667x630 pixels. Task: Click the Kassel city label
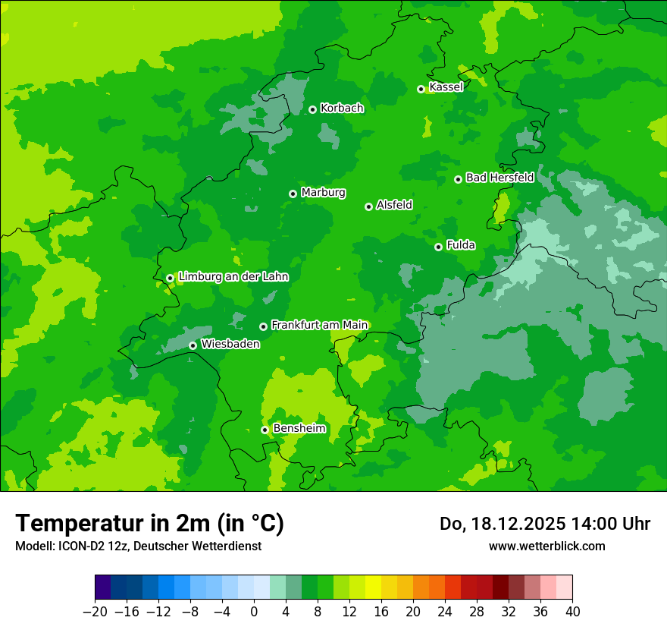[x=446, y=87]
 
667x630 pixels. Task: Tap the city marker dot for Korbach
[x=312, y=109]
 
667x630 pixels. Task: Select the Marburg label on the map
[x=323, y=193]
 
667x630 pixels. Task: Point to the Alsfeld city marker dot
[x=368, y=206]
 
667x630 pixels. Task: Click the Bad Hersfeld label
[x=499, y=178]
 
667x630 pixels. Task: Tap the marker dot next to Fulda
[x=438, y=247]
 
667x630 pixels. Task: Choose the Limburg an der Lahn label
[x=233, y=277]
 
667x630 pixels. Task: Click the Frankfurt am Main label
[x=319, y=325]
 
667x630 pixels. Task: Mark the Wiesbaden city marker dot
[x=193, y=345]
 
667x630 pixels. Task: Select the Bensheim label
[x=299, y=429]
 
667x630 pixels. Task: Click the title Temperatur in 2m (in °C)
[x=149, y=524]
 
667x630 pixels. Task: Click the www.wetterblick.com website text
[x=546, y=546]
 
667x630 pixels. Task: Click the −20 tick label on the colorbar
[x=95, y=611]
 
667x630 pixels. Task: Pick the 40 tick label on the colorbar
[x=572, y=611]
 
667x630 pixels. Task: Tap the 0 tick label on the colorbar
[x=254, y=611]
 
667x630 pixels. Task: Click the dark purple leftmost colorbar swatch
[x=102, y=587]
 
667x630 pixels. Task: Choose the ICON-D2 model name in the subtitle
[x=79, y=546]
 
